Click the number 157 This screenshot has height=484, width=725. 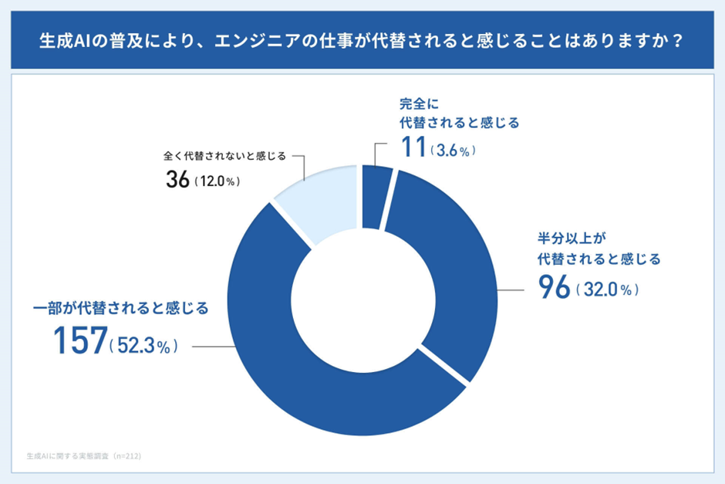point(80,340)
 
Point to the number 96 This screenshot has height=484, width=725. point(554,289)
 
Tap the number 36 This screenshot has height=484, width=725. point(179,180)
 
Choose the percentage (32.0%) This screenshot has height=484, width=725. point(607,291)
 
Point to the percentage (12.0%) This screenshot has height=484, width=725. point(217,182)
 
